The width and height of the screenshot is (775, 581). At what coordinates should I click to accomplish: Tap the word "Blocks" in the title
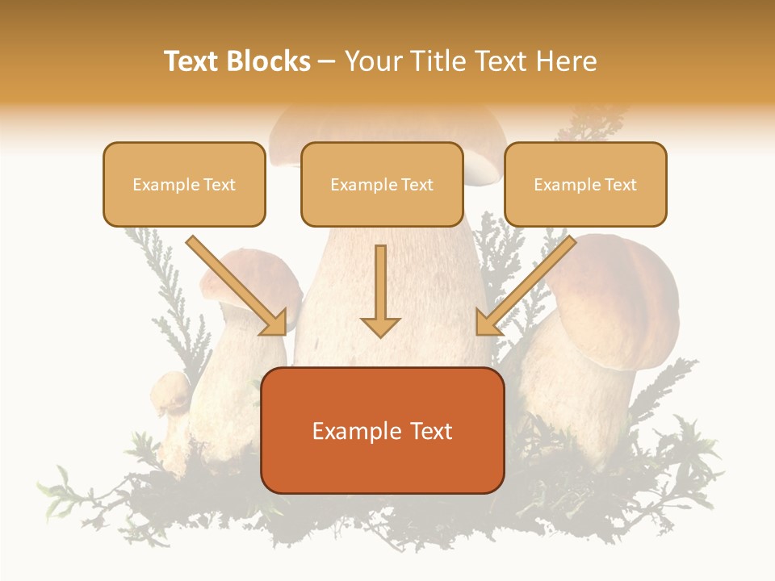(x=270, y=61)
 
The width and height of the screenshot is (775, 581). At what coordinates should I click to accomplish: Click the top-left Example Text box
(x=184, y=184)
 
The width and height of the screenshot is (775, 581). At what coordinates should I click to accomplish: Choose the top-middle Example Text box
(x=382, y=184)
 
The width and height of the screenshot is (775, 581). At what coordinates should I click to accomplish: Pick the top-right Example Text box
(x=585, y=184)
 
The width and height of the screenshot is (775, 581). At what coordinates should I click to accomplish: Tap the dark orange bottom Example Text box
(x=382, y=430)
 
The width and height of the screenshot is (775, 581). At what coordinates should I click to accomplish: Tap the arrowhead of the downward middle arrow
(x=380, y=326)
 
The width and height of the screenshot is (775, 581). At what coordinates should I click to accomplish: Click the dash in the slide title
(x=327, y=61)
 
